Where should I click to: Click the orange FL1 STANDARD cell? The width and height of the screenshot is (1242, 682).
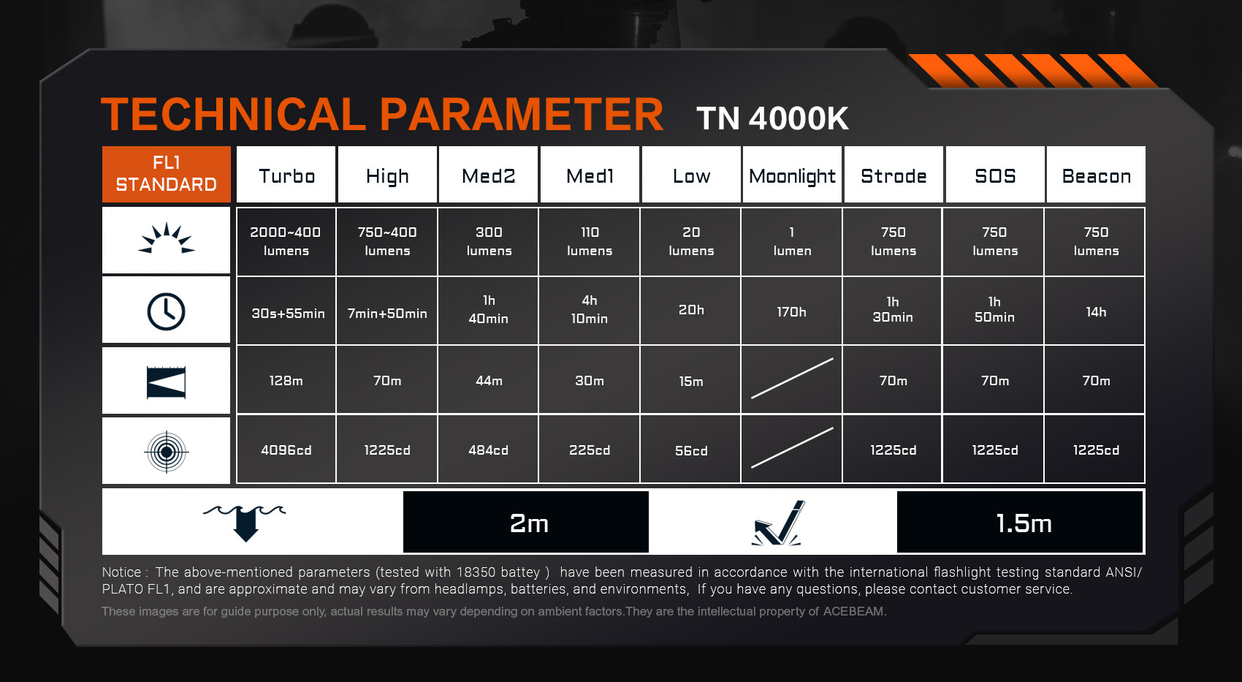[x=167, y=174]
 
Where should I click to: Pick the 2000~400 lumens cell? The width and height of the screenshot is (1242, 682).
[x=286, y=241]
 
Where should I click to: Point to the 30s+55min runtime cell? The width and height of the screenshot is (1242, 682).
[x=286, y=311]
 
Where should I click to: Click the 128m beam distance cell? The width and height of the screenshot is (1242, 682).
[x=286, y=380]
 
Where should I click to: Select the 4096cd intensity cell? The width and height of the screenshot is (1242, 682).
[x=286, y=450]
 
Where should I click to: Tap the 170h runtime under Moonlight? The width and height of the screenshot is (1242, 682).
[x=791, y=312]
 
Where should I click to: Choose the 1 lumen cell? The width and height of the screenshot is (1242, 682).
[x=792, y=241]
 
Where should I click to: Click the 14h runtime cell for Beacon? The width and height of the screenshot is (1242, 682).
[x=1096, y=312]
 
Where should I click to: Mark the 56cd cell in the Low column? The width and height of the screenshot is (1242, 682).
[x=691, y=450]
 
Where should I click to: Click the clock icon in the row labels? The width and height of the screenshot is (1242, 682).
[x=167, y=311]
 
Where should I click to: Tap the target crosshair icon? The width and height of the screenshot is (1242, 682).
[x=167, y=452]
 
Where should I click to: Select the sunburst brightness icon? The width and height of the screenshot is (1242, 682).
[x=167, y=238]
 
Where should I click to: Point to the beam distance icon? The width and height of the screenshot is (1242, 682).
[x=167, y=382]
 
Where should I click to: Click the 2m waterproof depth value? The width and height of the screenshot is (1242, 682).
[x=529, y=523]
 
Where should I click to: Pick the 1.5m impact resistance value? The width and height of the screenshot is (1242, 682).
[x=1024, y=523]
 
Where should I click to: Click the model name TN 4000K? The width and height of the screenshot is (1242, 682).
[x=772, y=118]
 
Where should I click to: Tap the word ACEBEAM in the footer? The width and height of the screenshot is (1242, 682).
[x=853, y=612]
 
